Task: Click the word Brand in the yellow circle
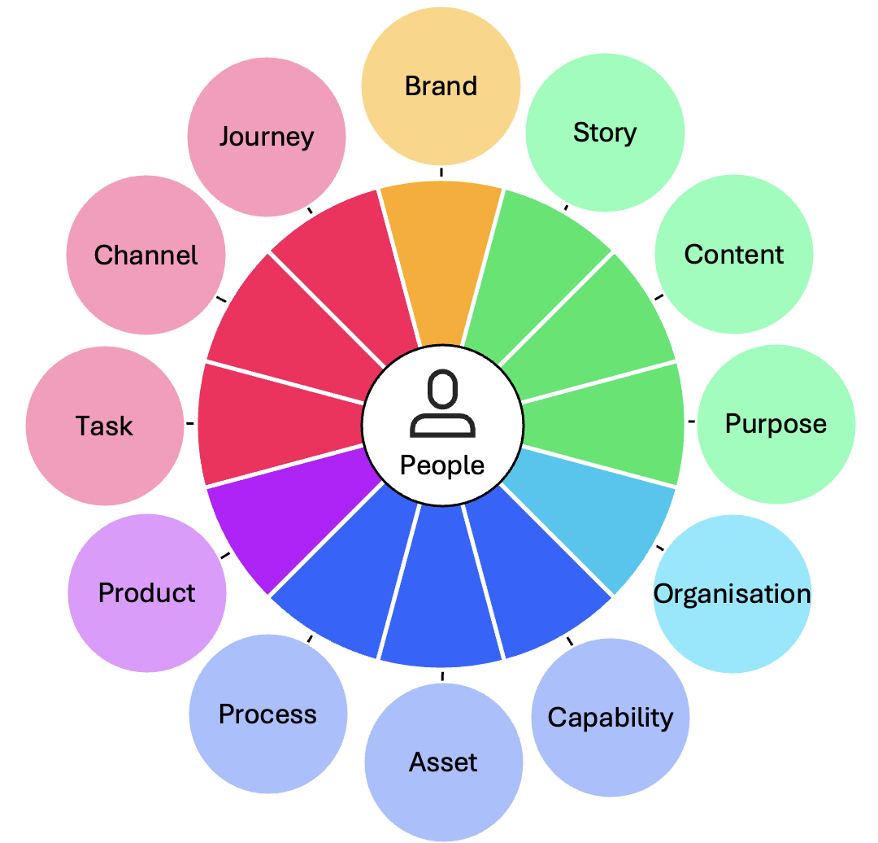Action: click(x=441, y=86)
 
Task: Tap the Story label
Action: click(x=604, y=133)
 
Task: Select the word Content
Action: click(x=733, y=255)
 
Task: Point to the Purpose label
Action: click(x=776, y=424)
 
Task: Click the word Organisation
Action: click(x=732, y=594)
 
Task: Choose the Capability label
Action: click(x=610, y=718)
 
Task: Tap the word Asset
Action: click(x=443, y=762)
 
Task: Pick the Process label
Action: click(x=267, y=714)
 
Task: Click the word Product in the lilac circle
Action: click(x=146, y=593)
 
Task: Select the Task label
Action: click(x=104, y=426)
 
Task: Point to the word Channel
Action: click(x=146, y=256)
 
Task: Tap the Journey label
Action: click(x=266, y=136)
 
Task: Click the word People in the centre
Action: click(x=442, y=465)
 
